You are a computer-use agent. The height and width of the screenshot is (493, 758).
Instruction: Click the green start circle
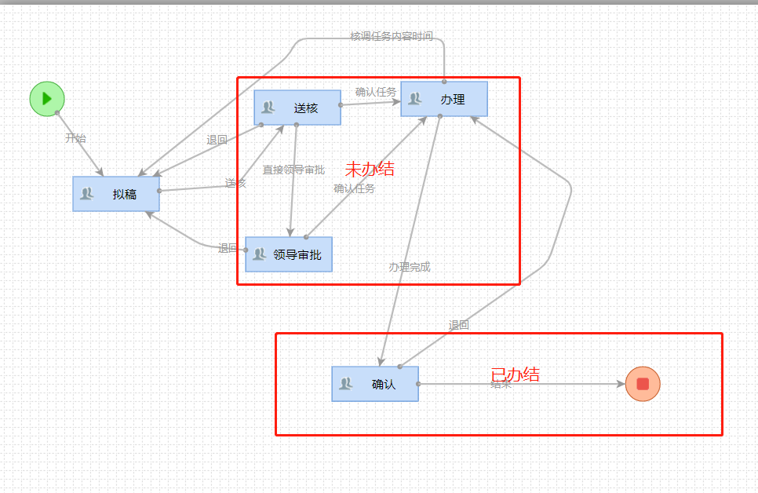[47, 99]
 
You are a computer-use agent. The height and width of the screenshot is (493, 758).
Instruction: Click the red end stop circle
[643, 384]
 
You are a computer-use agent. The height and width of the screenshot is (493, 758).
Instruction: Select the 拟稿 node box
[116, 194]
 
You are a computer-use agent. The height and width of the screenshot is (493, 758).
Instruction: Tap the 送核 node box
[297, 108]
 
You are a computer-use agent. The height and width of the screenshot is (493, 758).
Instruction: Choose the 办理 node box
[444, 99]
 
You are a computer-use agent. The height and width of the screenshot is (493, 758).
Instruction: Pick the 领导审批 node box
[289, 254]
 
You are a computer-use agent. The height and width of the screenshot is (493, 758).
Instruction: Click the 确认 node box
[375, 384]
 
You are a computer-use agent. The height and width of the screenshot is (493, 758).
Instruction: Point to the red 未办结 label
[370, 169]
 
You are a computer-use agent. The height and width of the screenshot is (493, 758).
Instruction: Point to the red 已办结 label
[515, 374]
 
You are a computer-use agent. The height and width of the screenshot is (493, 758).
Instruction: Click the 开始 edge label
[75, 138]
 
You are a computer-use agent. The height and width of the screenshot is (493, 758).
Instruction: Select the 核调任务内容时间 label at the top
[391, 37]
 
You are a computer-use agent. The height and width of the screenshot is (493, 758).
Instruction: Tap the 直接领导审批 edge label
[293, 170]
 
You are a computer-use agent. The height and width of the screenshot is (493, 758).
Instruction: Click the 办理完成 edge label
[410, 267]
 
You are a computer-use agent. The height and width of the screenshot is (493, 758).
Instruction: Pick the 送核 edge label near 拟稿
[235, 183]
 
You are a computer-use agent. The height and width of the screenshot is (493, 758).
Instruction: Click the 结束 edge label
[501, 385]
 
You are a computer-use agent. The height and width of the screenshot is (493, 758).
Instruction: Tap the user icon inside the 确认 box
[346, 384]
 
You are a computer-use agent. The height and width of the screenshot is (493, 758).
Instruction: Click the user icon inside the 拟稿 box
[87, 194]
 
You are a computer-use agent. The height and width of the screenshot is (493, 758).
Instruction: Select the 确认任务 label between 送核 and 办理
[376, 92]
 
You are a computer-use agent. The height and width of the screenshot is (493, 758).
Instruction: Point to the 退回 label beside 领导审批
[228, 248]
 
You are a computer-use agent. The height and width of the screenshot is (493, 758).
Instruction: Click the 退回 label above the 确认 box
[458, 325]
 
